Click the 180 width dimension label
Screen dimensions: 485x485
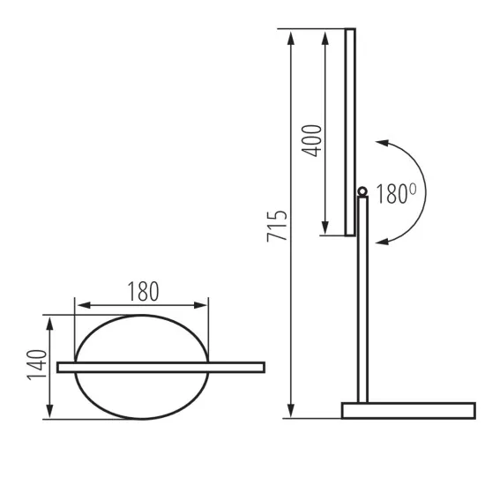pos(143,290)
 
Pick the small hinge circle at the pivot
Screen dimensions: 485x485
pos(362,191)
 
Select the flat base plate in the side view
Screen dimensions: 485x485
pos(407,410)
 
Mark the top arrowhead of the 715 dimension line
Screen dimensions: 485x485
pos(290,35)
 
